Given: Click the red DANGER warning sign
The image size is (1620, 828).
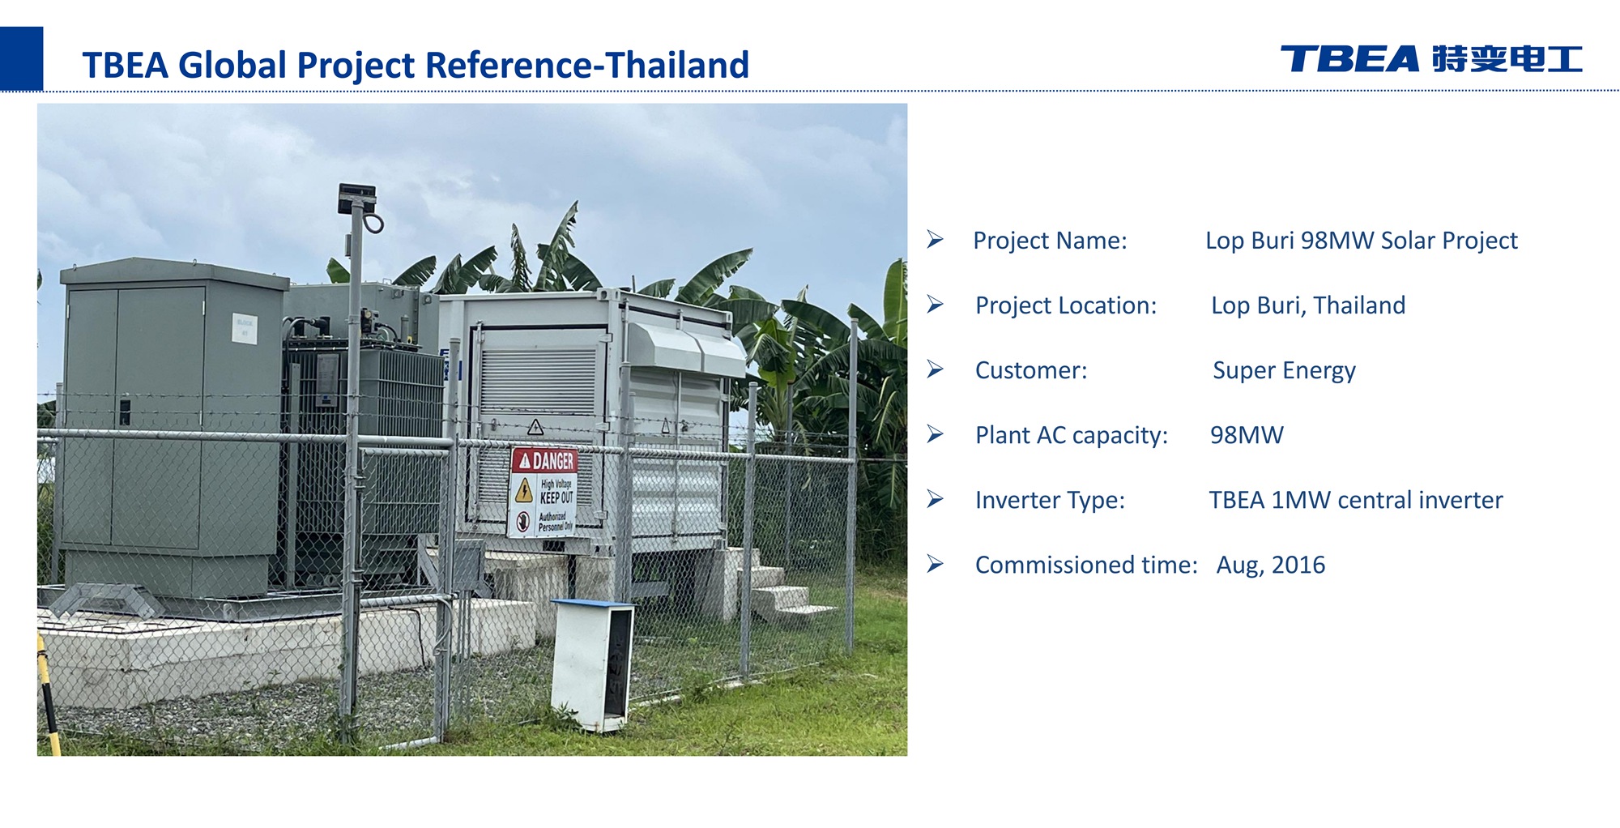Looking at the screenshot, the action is pyautogui.click(x=544, y=492).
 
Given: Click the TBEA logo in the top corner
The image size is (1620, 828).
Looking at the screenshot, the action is pyautogui.click(x=1431, y=59).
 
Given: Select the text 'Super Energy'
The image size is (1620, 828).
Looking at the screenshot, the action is pyautogui.click(x=1284, y=370).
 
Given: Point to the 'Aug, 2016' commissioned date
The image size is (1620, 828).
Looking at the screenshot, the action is pyautogui.click(x=1271, y=565).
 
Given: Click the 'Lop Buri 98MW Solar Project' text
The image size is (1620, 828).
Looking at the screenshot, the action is pyautogui.click(x=1362, y=241).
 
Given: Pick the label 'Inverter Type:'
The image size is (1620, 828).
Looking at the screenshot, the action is pyautogui.click(x=1050, y=500).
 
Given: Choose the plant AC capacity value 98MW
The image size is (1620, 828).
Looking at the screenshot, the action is pyautogui.click(x=1247, y=435).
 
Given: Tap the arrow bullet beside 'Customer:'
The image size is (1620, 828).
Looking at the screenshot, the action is pyautogui.click(x=936, y=369).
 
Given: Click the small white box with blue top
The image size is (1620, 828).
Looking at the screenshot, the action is pyautogui.click(x=593, y=664).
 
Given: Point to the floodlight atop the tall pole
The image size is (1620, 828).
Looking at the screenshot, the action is pyautogui.click(x=357, y=198).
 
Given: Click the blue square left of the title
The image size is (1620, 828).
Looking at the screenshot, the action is pyautogui.click(x=21, y=58).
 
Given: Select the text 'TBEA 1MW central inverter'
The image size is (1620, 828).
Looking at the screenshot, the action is pyautogui.click(x=1356, y=500).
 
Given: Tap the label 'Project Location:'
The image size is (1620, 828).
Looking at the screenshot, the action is pyautogui.click(x=1066, y=305).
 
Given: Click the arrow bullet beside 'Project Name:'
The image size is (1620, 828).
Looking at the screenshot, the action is pyautogui.click(x=936, y=240).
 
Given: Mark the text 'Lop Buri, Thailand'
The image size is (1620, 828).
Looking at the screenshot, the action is pyautogui.click(x=1308, y=305).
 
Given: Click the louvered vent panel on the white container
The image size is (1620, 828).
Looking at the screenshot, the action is pyautogui.click(x=539, y=381).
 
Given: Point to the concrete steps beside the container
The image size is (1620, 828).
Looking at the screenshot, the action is pyautogui.click(x=778, y=587).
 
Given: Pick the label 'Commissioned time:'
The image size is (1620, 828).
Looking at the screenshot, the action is pyautogui.click(x=1086, y=565).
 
